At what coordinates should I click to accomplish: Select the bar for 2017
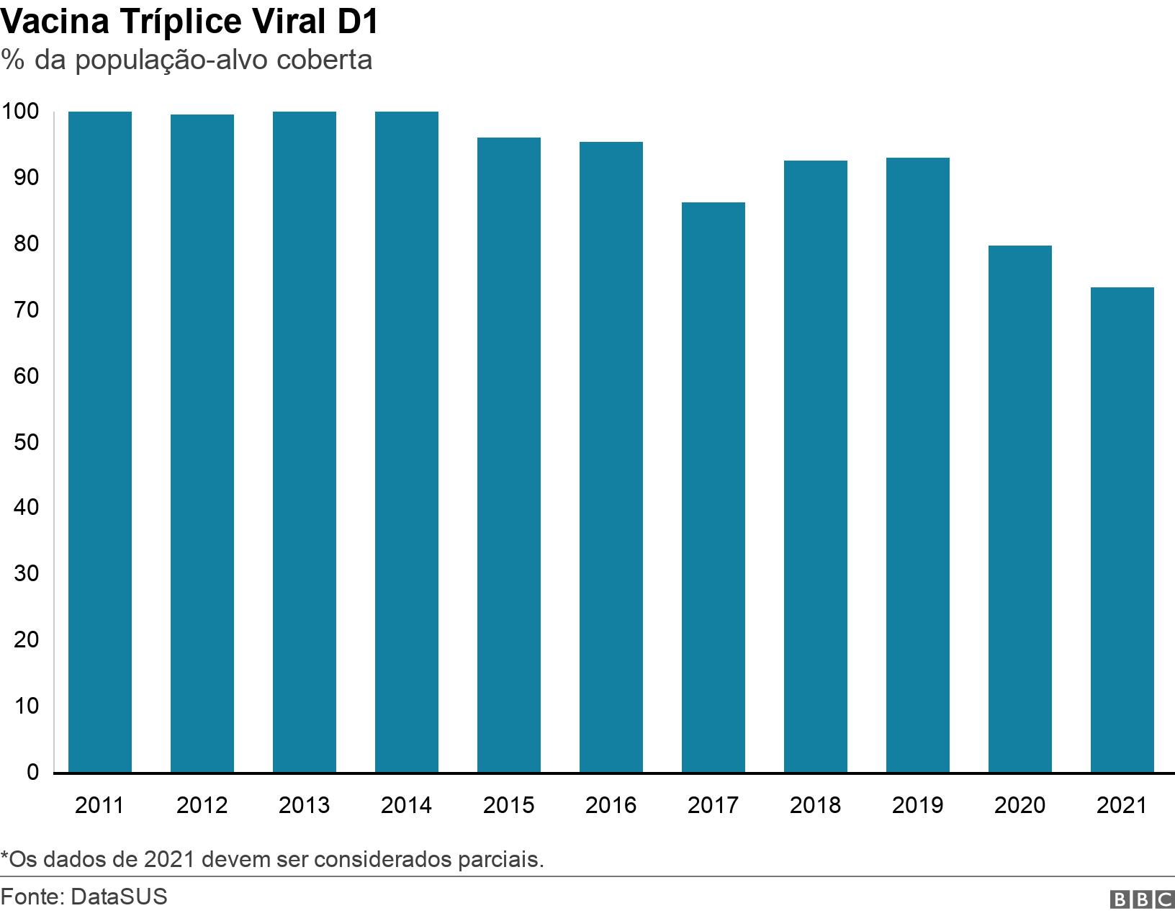pos(713,488)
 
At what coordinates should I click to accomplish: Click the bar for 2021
pos(1122,530)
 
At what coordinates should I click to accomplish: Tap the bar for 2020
pos(1020,509)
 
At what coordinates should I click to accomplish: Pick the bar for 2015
pos(509,455)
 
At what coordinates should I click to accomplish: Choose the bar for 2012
pos(202,444)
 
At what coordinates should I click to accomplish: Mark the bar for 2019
pos(918,465)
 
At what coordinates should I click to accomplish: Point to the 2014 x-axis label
pos(406,805)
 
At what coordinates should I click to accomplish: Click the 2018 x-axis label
pos(815,805)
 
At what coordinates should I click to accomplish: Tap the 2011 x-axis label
pos(99,805)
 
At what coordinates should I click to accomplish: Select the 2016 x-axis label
pos(611,805)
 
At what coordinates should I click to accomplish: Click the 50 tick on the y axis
pos(26,441)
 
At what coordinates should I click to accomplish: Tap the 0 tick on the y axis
pos(33,772)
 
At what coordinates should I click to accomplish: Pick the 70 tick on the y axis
pos(26,310)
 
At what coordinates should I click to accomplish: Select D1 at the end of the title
pos(358,23)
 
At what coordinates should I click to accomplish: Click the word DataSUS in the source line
pos(120,897)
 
